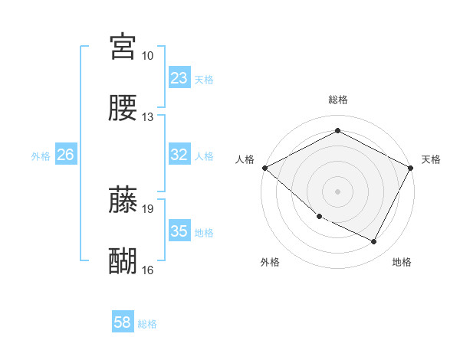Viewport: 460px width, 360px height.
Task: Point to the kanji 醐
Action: [123, 260]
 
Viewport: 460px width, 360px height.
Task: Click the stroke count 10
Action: [147, 56]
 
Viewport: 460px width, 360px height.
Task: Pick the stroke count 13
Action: [147, 117]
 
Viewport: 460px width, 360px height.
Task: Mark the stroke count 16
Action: [147, 270]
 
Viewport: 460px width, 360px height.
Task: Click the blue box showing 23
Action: [179, 78]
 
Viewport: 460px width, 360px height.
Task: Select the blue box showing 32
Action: [179, 155]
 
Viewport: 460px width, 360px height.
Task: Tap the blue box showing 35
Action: [179, 231]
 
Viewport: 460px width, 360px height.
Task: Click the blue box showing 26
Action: [66, 155]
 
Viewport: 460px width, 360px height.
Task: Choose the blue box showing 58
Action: [123, 323]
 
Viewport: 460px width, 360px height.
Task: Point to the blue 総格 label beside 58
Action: [147, 324]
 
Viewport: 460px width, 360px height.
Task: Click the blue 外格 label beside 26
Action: [41, 155]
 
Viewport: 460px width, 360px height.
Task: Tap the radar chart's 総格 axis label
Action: [337, 100]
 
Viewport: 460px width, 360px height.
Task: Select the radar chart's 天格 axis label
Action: [431, 159]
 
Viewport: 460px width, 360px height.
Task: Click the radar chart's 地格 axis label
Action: [402, 262]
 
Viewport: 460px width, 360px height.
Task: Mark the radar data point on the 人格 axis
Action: [264, 168]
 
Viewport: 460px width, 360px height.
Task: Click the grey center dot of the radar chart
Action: [337, 191]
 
